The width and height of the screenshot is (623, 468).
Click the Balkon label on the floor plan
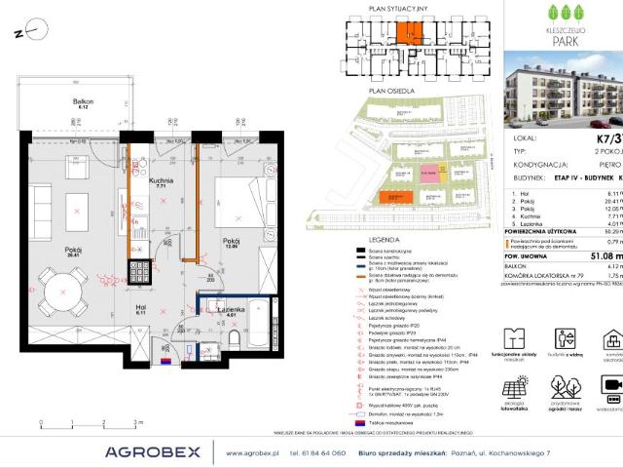pyautogui.click(x=73, y=101)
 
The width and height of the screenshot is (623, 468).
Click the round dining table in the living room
pyautogui.click(x=64, y=313)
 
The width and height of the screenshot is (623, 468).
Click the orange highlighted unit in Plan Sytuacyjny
pyautogui.click(x=410, y=34)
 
